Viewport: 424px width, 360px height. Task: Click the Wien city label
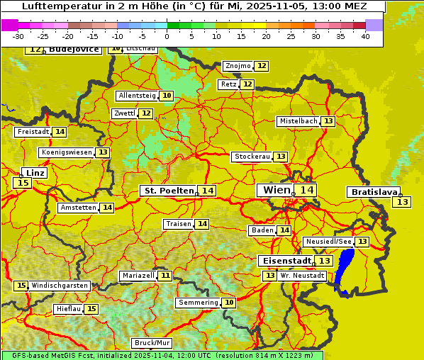277,190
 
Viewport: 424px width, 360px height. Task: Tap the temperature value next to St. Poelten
207,191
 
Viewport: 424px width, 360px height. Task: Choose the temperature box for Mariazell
165,275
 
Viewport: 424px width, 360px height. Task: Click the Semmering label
199,303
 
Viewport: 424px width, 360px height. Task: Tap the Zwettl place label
124,113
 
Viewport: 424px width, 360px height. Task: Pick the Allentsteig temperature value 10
167,96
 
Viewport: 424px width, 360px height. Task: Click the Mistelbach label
298,121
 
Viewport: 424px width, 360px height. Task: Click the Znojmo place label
238,66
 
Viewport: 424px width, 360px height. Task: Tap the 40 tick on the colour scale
365,36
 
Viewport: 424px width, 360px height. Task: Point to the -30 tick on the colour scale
18,36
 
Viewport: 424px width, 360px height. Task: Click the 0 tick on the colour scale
167,36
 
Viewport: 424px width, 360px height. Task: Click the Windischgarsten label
60,286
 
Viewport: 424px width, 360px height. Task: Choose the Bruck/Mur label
152,343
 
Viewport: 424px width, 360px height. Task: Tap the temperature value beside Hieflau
91,309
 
